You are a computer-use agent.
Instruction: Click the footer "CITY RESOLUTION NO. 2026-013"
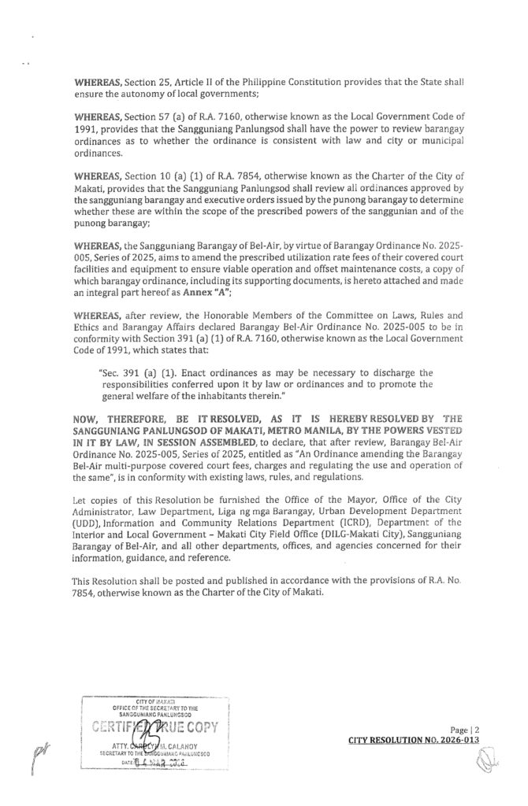(x=414, y=741)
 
